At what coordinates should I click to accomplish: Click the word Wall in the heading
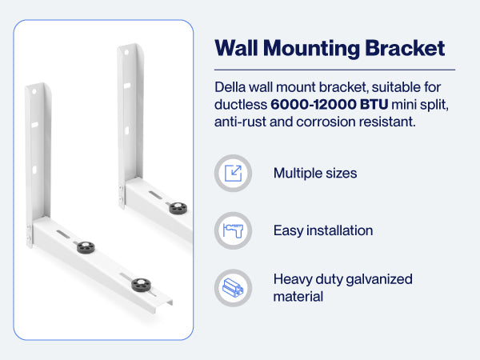[236, 48]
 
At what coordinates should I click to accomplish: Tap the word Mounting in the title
[311, 49]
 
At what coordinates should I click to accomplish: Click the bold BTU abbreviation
[374, 105]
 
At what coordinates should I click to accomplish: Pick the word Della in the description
[230, 87]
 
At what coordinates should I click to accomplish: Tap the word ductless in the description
[241, 105]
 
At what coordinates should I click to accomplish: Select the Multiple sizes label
[315, 174]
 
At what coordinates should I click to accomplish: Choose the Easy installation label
[323, 230]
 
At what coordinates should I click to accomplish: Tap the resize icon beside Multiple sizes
[233, 174]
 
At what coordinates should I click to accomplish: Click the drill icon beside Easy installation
[233, 230]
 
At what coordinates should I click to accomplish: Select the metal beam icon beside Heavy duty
[233, 288]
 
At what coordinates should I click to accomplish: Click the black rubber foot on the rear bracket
[178, 208]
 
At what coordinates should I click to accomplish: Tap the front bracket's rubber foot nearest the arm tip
[141, 285]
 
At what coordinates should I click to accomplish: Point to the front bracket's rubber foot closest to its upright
[86, 247]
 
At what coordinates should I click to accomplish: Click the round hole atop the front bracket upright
[34, 91]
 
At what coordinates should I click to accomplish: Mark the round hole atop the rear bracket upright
[126, 53]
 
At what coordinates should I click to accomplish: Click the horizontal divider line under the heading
[334, 70]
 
